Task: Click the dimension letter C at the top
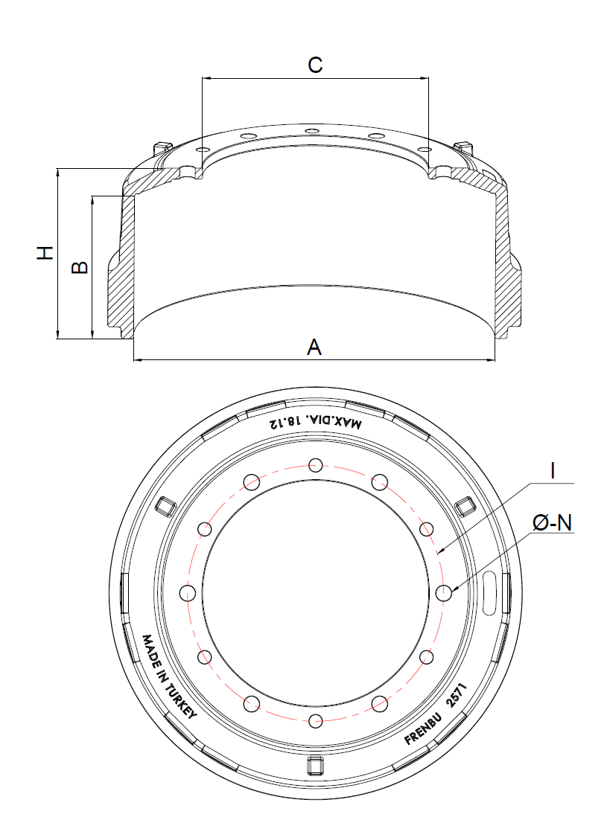[x=315, y=65]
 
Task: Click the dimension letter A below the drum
[x=315, y=346]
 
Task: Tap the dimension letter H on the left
[x=46, y=253]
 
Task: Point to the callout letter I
[x=553, y=470]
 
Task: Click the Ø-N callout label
[x=553, y=523]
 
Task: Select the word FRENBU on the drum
[x=422, y=726]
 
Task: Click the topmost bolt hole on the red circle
[x=317, y=465]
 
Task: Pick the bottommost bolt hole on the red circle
[x=317, y=720]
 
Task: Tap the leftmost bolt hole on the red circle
[x=188, y=592]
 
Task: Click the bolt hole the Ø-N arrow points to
[x=445, y=592]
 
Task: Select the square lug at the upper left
[x=165, y=506]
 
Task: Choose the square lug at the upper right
[x=465, y=505]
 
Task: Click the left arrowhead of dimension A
[x=136, y=360]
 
